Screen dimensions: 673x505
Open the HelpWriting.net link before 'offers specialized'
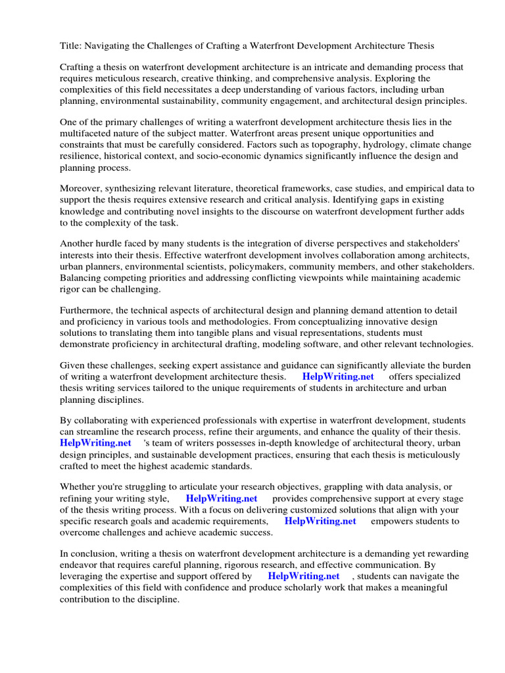click(338, 377)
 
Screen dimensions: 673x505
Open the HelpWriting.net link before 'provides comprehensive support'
click(222, 498)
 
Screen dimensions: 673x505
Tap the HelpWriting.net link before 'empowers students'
click(320, 521)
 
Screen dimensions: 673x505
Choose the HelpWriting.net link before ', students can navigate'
click(304, 576)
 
